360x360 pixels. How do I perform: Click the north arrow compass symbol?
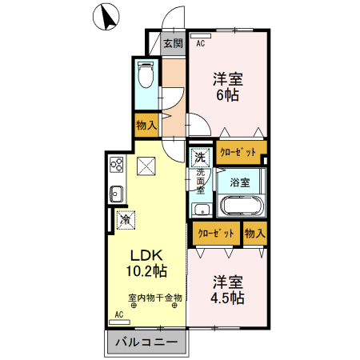[x=106, y=17]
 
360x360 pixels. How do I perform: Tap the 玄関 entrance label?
[x=174, y=43]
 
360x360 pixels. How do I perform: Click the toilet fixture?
[x=146, y=75]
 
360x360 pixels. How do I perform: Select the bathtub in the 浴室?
[x=242, y=206]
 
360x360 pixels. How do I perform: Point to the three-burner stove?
[x=117, y=164]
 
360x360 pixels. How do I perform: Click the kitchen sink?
[x=116, y=194]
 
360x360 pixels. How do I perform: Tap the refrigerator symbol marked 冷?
[x=126, y=220]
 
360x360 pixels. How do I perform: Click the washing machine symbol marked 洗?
[x=200, y=158]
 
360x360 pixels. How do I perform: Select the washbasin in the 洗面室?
[x=202, y=210]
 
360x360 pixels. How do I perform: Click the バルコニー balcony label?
[x=146, y=342]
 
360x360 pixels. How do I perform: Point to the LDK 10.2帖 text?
[x=146, y=263]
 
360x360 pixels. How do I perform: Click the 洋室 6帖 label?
[x=228, y=87]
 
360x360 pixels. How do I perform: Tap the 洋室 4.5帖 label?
[x=228, y=290]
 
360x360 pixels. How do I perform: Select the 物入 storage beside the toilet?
[x=146, y=125]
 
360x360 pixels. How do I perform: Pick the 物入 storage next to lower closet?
[x=255, y=234]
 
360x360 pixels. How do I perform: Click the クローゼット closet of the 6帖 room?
[x=238, y=152]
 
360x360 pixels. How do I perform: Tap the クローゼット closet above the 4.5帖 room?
[x=216, y=234]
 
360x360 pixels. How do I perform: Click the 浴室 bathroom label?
[x=240, y=182]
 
